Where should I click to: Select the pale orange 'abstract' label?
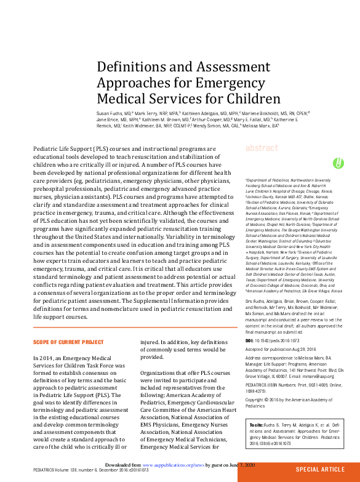[x=261, y=148]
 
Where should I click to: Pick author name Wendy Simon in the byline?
[x=205, y=125]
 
